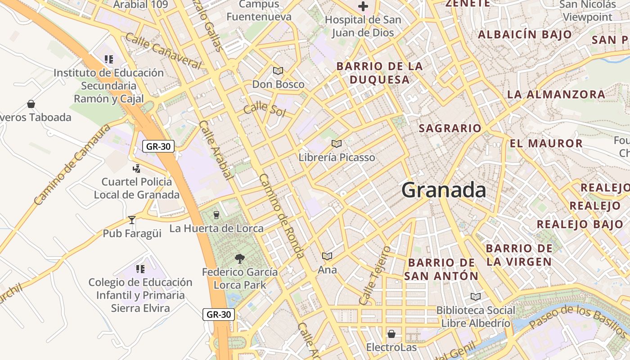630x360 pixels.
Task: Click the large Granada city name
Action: (443, 190)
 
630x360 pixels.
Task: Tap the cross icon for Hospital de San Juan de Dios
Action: (363, 7)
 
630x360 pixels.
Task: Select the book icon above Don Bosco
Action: (278, 71)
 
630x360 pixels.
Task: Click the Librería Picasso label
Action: (337, 157)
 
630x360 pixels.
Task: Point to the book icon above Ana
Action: (327, 256)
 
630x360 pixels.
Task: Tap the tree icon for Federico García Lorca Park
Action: (240, 258)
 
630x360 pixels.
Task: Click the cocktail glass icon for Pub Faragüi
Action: (131, 220)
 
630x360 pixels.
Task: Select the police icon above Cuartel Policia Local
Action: (136, 169)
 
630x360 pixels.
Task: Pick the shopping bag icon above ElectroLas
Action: (391, 334)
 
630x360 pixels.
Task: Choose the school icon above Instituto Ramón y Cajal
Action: (108, 59)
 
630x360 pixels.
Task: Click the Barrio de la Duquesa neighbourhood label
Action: (379, 73)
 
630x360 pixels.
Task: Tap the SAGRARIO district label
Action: (450, 128)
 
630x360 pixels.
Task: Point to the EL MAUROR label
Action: (546, 144)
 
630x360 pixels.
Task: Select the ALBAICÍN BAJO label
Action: (525, 35)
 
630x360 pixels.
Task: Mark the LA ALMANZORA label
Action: (556, 94)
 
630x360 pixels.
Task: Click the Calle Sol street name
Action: (265, 109)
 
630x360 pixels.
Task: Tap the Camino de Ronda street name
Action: (282, 216)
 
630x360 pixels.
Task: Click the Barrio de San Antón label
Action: (441, 269)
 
